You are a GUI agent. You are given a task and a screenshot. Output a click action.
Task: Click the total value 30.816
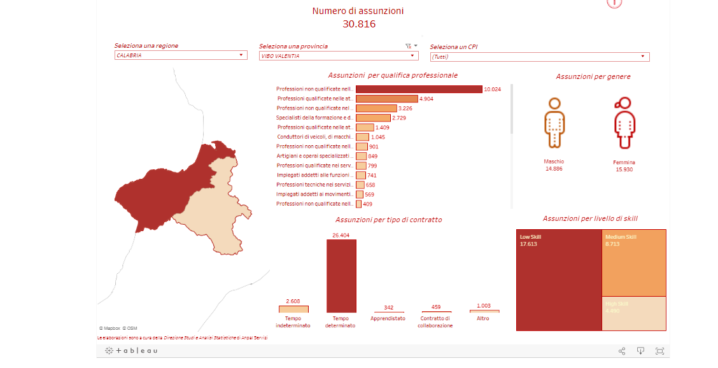358,24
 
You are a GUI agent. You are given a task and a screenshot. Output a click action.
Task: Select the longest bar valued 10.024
419,89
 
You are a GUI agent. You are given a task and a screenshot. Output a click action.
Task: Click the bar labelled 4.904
386,99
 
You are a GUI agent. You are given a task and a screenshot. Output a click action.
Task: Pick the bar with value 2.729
373,118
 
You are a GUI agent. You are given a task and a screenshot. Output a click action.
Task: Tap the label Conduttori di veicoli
314,137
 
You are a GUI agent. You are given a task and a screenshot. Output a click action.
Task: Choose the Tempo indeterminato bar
293,309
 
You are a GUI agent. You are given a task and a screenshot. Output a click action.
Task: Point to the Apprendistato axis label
388,318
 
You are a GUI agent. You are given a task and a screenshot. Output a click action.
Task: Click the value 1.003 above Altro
483,306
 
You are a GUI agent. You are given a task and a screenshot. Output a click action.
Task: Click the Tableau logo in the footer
131,351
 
